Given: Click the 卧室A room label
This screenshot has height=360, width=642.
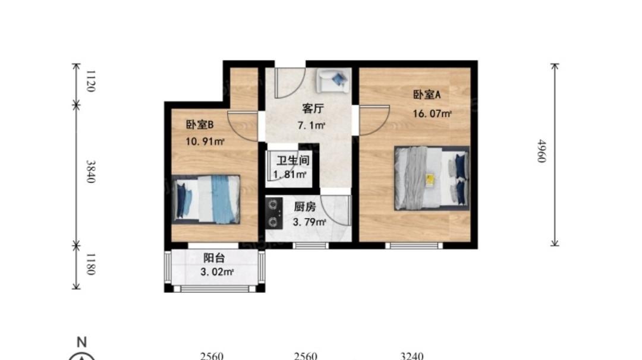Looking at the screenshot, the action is click(427, 94).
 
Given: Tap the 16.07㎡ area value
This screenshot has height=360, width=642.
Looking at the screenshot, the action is click(432, 113).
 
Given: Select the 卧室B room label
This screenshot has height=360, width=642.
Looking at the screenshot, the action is click(200, 124).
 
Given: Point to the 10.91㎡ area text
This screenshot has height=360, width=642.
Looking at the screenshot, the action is click(205, 141).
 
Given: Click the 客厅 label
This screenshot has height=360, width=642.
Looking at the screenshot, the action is click(313, 108).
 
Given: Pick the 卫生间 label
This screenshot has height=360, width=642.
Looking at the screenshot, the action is click(292, 160).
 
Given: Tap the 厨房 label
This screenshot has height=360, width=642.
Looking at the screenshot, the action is click(305, 207).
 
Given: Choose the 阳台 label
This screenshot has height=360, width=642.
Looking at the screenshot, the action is click(214, 258).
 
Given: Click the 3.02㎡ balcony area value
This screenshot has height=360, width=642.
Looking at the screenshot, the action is click(217, 272).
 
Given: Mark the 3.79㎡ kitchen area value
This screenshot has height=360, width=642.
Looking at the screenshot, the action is click(310, 222).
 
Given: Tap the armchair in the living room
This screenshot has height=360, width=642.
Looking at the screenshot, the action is click(333, 80).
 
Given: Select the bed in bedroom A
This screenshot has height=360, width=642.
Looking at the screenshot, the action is click(432, 178).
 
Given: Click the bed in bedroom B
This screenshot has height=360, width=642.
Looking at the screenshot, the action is click(206, 199).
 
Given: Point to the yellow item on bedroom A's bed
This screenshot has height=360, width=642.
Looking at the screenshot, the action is click(430, 179).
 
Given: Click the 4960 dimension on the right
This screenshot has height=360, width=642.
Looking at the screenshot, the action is click(542, 151).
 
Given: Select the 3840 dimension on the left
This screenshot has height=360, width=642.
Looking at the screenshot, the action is click(91, 172).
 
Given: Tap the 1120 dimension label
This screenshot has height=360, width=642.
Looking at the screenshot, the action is click(91, 81).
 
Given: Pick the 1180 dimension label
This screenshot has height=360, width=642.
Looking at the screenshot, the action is click(91, 264).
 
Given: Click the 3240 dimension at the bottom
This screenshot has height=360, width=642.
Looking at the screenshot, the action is click(412, 356).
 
